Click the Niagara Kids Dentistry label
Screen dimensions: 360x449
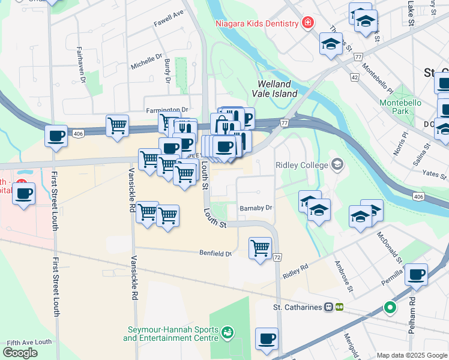(257, 23)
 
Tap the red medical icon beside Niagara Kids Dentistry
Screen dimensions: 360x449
(308, 23)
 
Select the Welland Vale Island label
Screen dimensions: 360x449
(277, 89)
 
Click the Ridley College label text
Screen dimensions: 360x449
(302, 165)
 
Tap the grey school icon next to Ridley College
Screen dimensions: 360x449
(337, 164)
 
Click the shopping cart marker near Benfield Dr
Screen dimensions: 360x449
(260, 247)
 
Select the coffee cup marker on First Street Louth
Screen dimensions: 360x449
(56, 136)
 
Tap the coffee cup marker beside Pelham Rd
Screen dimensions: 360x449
(416, 274)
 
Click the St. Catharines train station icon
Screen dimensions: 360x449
(329, 307)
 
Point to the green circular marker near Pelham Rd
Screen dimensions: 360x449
(390, 308)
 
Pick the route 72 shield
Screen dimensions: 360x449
(277, 257)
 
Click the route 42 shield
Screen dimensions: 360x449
(354, 77)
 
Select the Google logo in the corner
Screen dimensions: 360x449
(20, 352)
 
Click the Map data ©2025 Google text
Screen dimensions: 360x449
(411, 355)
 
